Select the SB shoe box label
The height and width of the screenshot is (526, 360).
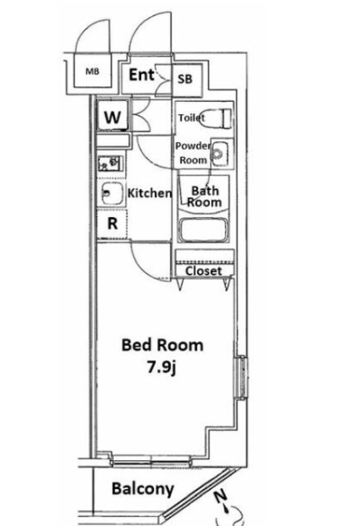pos(186,80)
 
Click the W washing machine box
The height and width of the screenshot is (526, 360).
pos(114,118)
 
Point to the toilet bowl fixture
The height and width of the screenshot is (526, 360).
pos(219,116)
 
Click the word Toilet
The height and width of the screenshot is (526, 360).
pos(192,118)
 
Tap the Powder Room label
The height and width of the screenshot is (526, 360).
pos(193,153)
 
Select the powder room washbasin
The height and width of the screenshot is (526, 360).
pos(219,152)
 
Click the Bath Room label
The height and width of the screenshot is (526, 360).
pos(205,196)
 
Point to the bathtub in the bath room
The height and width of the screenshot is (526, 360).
pos(205,230)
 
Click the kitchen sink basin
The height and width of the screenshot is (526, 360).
pos(110,193)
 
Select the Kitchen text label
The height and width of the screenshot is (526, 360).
pos(150,194)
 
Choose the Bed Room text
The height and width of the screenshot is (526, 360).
pos(162,345)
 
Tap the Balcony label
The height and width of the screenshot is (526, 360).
pos(143,490)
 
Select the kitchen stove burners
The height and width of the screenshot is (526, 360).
pos(109,163)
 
